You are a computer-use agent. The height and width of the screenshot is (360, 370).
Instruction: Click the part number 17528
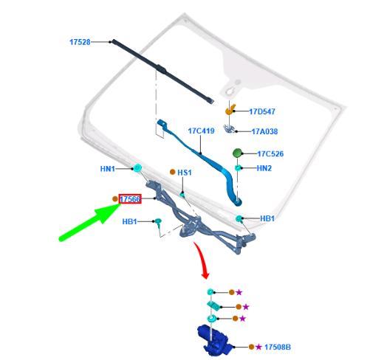point(80,42)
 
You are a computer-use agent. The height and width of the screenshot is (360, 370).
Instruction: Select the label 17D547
point(262,111)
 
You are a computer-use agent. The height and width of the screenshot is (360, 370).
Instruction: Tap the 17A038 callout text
point(264,131)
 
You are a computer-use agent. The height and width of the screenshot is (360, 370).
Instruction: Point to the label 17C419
point(201,131)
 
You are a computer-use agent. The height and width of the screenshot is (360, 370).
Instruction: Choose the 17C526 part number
point(270,154)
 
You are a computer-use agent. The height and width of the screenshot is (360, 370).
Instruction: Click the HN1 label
point(108,169)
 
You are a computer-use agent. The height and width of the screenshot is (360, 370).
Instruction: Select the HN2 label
point(264,168)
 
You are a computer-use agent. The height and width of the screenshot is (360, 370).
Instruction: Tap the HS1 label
point(185,173)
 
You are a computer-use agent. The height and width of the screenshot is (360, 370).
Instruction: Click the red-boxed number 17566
point(130,199)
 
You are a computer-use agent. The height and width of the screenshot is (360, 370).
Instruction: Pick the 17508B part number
point(278,347)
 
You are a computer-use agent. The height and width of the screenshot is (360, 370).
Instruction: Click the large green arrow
point(90,223)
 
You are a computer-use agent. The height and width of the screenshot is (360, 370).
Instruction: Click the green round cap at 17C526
point(237,153)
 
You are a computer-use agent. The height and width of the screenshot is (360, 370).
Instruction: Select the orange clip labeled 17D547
point(230,110)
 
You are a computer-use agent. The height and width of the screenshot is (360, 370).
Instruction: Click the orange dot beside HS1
point(173,172)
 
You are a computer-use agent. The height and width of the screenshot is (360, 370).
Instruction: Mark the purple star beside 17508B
point(258,347)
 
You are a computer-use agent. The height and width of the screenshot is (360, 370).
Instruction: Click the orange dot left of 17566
point(115,198)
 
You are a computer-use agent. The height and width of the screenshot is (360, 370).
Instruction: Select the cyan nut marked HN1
point(137,168)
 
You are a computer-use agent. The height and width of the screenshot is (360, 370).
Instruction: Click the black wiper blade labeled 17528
point(162,72)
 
